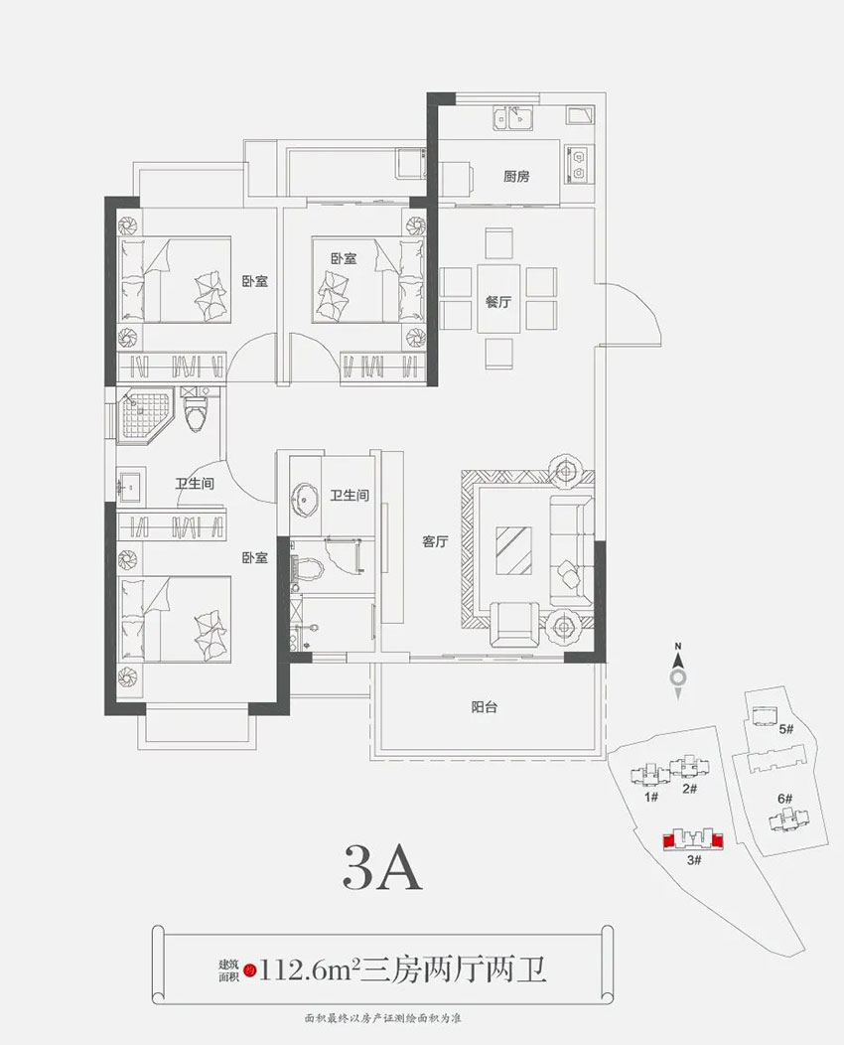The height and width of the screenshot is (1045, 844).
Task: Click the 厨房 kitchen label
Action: tap(516, 177)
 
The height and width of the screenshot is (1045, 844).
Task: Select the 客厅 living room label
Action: tap(436, 542)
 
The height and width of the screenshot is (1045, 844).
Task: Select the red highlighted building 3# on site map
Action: tap(693, 838)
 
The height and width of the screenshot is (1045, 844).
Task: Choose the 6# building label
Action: tap(783, 798)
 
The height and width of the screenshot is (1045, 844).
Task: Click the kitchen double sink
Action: tap(512, 120)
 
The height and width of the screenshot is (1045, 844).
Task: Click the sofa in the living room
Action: tap(570, 544)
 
